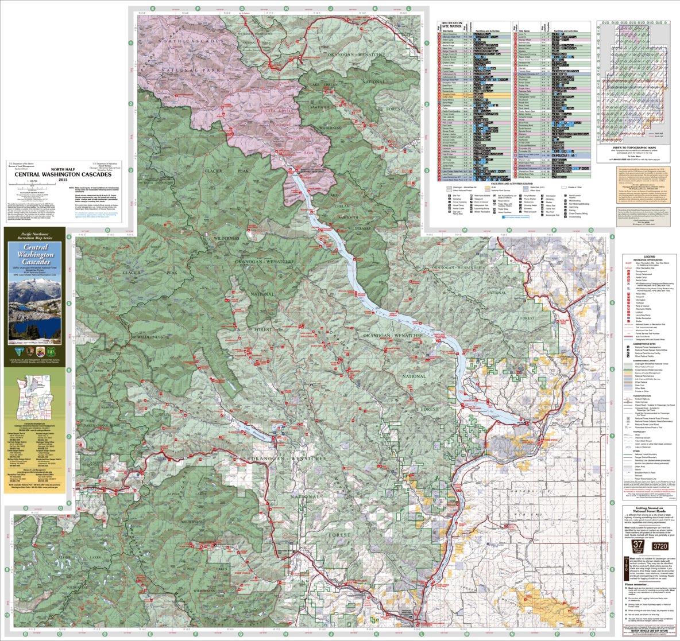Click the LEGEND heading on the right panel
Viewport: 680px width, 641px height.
(649, 257)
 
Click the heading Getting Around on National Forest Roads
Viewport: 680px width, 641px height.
(648, 511)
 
